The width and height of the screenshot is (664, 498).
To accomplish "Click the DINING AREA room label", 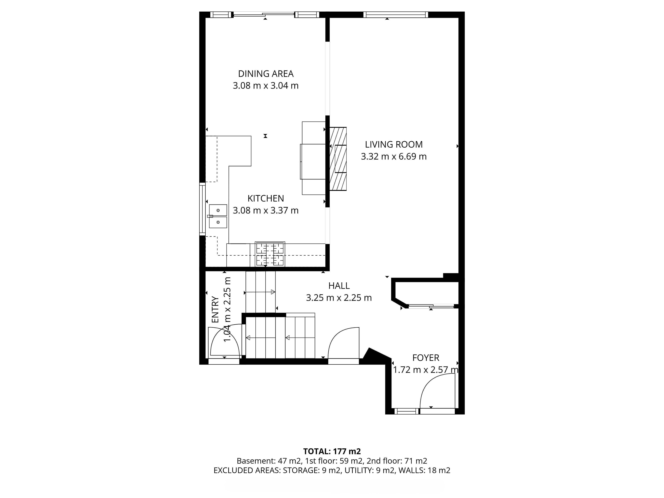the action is click(266, 73).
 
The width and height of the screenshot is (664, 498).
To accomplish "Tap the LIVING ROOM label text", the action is click(394, 144).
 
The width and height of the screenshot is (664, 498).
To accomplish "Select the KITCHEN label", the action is click(266, 198).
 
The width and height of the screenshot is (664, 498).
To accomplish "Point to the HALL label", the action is click(339, 286).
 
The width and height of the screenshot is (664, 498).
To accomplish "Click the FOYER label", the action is click(426, 358).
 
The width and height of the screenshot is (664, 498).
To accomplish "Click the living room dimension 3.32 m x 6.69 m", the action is click(394, 156).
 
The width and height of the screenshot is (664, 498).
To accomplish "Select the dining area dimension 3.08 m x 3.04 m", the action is click(266, 86).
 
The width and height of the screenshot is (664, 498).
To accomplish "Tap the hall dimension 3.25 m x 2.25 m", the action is click(339, 298).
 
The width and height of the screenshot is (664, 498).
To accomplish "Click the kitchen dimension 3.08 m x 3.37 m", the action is click(266, 210).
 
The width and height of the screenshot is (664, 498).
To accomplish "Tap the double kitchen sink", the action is click(218, 216).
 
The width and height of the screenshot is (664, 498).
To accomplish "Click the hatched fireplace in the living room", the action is click(338, 159).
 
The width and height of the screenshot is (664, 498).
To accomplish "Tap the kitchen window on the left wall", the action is click(202, 209).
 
